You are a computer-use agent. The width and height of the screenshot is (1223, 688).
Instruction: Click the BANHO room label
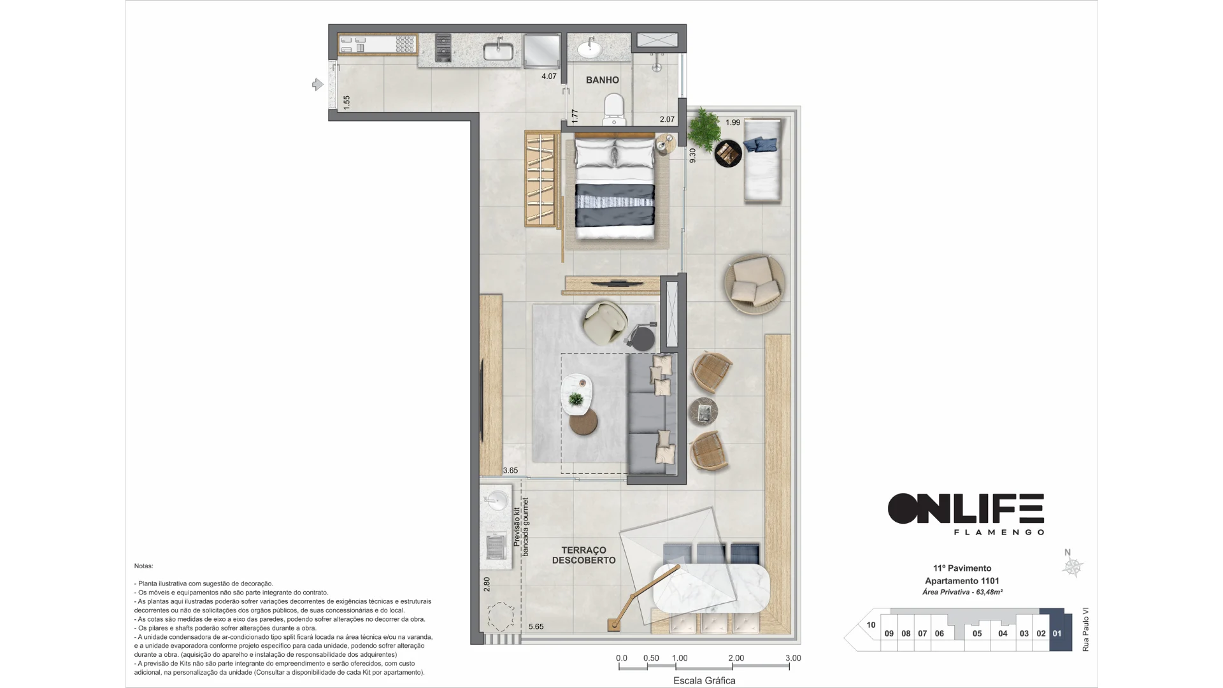tap(602, 80)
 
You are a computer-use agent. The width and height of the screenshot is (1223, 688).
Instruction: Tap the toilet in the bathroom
tap(614, 110)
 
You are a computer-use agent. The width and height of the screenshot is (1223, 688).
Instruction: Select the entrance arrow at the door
tap(317, 84)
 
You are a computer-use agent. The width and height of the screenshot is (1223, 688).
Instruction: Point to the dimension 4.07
tap(548, 76)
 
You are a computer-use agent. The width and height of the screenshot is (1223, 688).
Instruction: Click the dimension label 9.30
tap(692, 155)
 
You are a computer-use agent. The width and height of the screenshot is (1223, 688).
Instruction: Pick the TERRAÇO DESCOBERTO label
tap(584, 555)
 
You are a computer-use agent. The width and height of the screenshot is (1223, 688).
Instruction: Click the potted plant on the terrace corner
tap(704, 126)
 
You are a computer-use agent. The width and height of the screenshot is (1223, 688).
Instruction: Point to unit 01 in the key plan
tap(1057, 633)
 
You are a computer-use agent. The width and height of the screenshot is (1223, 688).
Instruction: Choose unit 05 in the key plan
tap(976, 633)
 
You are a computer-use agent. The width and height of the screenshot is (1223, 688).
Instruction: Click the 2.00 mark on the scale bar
tap(736, 658)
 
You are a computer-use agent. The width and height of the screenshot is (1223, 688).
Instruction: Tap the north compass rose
tap(1073, 566)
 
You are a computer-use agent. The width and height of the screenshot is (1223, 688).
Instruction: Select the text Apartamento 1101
tap(962, 581)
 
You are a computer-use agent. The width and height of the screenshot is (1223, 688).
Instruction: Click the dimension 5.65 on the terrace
tap(536, 627)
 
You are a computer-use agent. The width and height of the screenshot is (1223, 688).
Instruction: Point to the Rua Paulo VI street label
tap(1085, 629)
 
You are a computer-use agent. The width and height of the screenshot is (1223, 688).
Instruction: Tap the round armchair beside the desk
tap(604, 323)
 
